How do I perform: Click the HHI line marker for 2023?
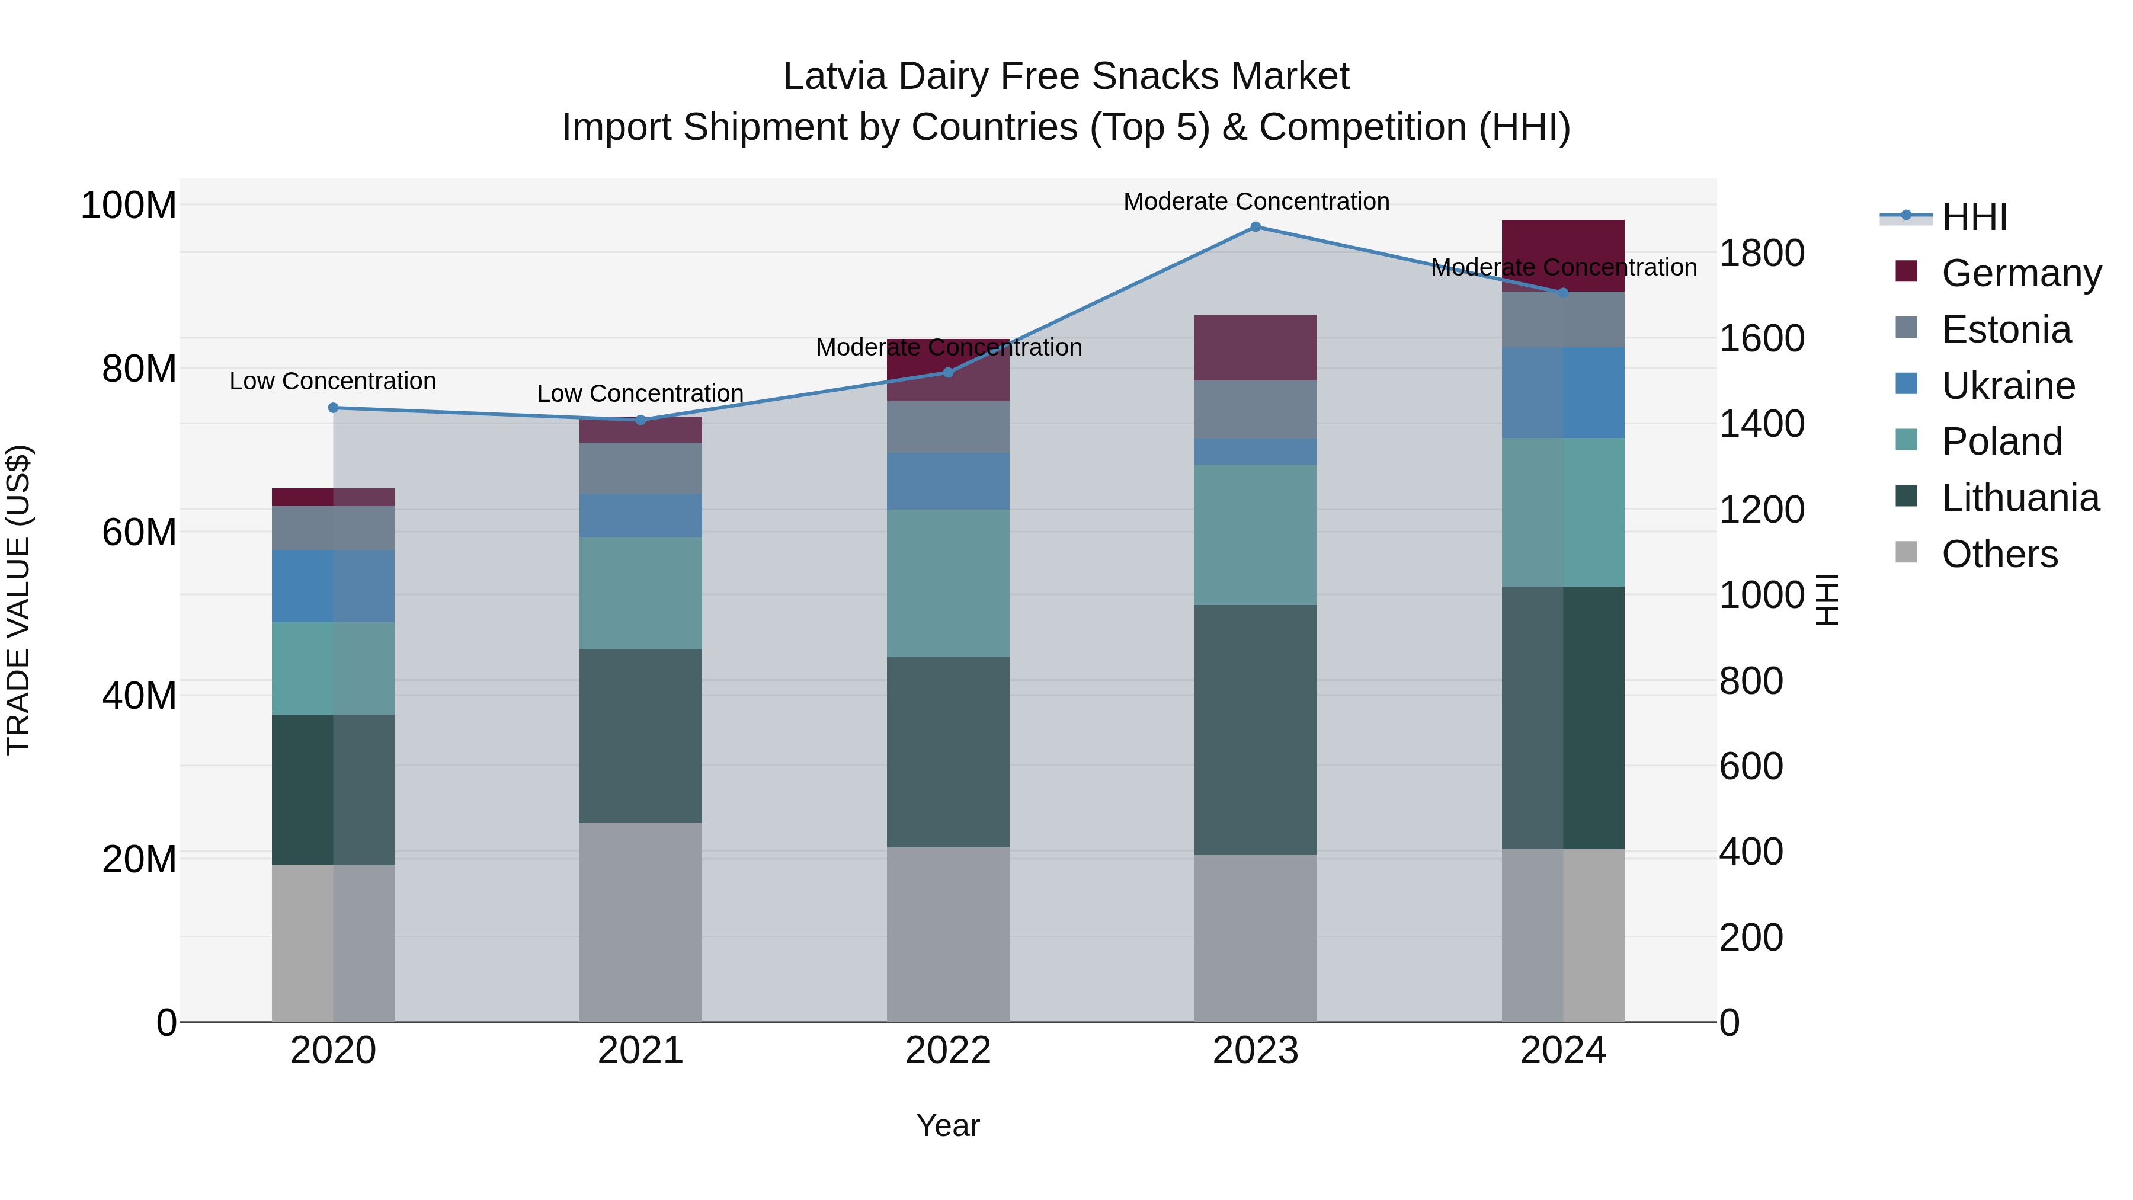[1256, 226]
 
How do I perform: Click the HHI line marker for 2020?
[333, 408]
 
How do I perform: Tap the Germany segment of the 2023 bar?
[1256, 348]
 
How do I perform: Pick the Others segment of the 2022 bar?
[948, 934]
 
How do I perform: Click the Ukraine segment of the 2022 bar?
[948, 481]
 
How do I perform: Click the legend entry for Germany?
[2020, 273]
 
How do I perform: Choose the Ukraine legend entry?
[2007, 385]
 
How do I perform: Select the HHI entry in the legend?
[1974, 217]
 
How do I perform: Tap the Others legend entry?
[1999, 554]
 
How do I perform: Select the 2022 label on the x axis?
[948, 1051]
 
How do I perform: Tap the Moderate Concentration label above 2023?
[1256, 201]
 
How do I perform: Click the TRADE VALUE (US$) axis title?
[18, 600]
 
